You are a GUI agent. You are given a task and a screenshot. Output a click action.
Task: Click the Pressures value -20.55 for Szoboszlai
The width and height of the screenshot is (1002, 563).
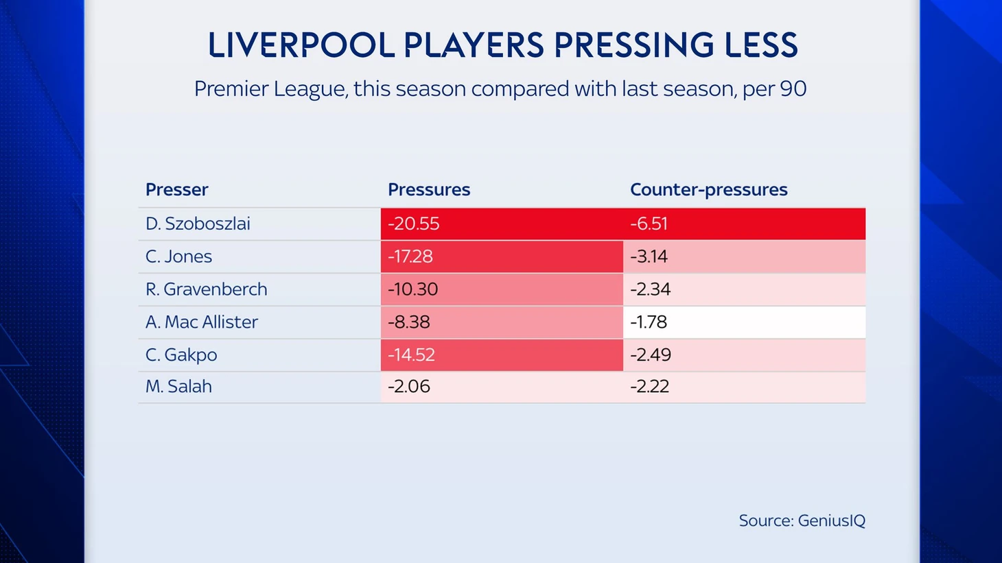(414, 224)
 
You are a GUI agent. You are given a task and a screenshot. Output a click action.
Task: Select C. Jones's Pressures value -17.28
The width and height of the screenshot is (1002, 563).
(410, 256)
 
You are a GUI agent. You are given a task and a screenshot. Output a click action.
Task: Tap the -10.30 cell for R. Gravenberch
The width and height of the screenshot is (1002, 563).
(413, 289)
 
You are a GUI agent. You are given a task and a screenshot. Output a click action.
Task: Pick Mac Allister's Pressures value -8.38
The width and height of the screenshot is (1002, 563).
(409, 322)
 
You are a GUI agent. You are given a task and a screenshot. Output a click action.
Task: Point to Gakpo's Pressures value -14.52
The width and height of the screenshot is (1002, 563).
(412, 355)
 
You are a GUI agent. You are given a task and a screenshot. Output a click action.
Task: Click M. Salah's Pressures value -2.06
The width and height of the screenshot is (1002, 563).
(409, 387)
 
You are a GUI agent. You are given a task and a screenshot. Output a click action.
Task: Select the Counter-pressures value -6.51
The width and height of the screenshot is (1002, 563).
(649, 224)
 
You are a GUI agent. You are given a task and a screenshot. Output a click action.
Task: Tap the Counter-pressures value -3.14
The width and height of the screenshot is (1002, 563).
(649, 256)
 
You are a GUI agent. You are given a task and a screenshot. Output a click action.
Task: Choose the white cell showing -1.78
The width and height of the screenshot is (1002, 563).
(649, 322)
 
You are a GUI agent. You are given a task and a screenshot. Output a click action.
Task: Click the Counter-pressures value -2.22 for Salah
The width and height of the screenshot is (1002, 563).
(650, 387)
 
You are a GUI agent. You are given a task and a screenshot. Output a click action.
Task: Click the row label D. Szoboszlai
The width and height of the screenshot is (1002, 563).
(198, 224)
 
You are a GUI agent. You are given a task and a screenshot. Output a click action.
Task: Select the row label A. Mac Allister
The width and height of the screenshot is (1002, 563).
(202, 322)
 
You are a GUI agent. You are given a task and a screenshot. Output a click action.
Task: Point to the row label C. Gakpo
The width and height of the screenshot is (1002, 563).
(181, 355)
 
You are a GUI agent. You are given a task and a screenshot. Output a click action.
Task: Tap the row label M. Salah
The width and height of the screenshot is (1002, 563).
(178, 387)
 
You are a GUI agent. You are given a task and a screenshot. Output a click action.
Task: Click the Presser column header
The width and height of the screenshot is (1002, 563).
(177, 190)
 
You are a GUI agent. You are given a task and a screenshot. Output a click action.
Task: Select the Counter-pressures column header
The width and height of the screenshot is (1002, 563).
(709, 190)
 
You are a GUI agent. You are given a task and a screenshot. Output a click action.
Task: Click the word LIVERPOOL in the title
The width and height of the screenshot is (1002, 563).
(301, 45)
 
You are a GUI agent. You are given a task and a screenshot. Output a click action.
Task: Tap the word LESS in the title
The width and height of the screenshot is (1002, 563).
(761, 45)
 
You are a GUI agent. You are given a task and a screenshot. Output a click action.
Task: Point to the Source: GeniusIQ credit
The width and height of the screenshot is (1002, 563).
(802, 520)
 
